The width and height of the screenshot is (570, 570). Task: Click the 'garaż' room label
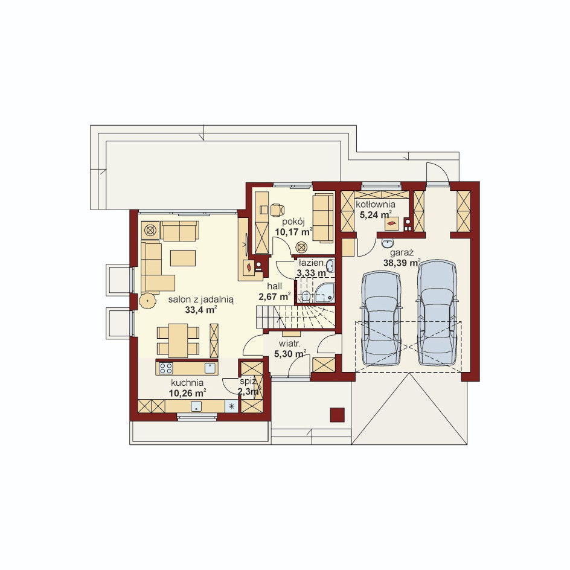402,254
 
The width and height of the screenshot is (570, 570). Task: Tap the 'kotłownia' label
375,204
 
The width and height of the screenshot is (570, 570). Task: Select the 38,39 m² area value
402,263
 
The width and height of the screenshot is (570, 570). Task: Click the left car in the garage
381,318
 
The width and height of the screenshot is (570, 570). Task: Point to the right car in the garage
437,312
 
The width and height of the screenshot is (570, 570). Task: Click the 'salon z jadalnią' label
200,299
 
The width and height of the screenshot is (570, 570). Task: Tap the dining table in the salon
178,341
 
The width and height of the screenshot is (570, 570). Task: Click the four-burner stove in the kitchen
166,368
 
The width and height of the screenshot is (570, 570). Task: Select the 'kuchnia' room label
187,383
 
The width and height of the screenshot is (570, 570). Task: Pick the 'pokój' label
293,222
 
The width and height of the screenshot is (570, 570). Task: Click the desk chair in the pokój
277,210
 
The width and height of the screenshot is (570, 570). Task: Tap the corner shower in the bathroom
325,292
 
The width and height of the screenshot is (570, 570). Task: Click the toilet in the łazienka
306,296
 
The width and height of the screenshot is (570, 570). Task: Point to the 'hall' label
275,286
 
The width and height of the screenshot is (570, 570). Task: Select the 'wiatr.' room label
289,344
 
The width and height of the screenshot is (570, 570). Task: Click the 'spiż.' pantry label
249,382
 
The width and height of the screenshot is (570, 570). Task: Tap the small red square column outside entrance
337,415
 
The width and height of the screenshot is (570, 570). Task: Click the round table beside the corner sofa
147,301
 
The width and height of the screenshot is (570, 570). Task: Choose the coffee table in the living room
183,258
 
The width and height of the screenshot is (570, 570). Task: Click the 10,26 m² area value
187,393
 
